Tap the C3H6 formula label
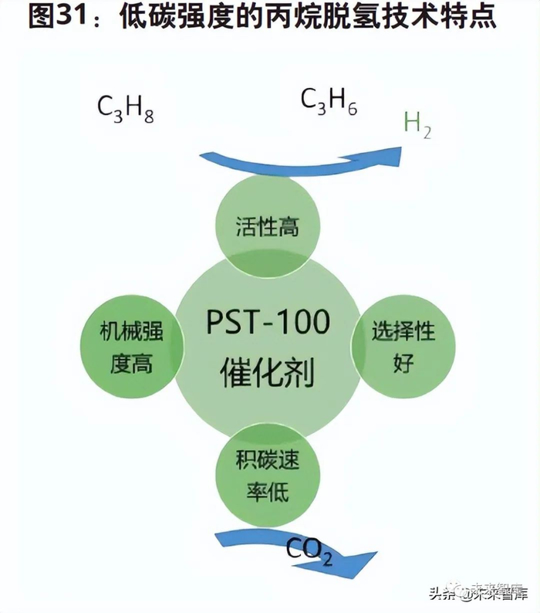[328, 101]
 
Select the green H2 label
[417, 124]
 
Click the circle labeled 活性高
[267, 227]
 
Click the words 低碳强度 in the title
[170, 19]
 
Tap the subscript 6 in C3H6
[351, 110]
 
